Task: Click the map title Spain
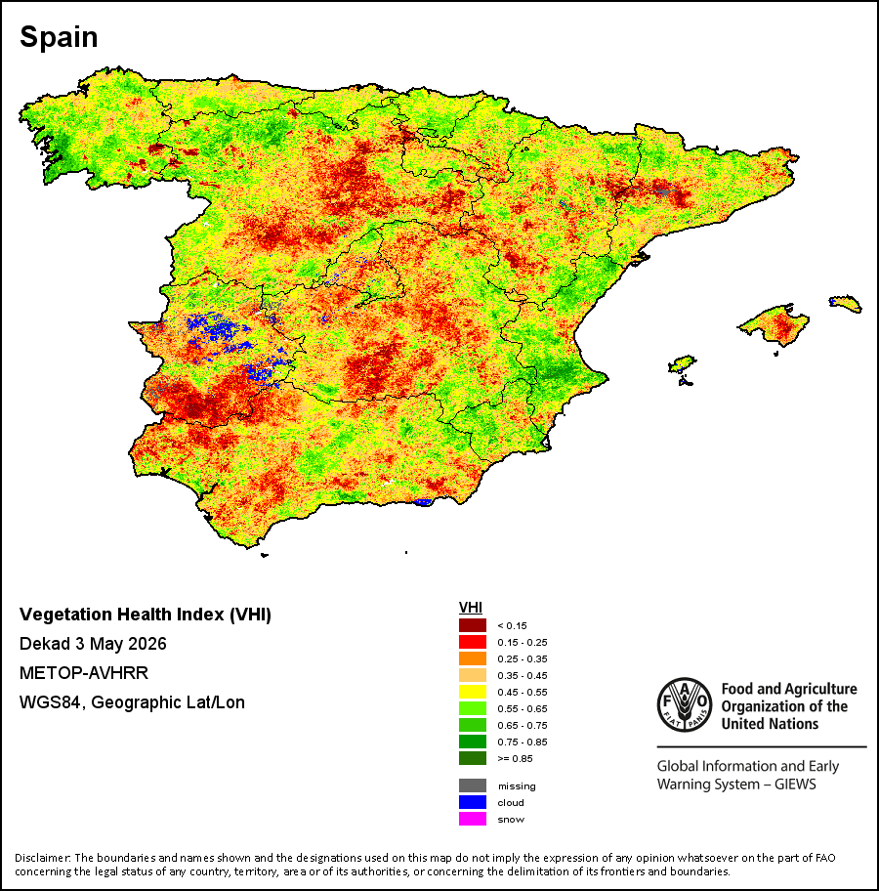[59, 37]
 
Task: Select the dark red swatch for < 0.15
[472, 625]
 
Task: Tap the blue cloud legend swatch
[472, 802]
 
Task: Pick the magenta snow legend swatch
[472, 819]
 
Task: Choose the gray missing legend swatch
[472, 785]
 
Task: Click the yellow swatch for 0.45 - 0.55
[472, 692]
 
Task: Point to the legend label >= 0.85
[515, 758]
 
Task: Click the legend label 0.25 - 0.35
[523, 659]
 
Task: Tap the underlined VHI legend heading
[471, 608]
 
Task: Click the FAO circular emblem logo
[685, 704]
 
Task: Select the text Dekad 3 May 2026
[93, 644]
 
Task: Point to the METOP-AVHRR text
[84, 673]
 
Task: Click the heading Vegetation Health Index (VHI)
[145, 615]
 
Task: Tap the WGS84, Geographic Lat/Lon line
[132, 702]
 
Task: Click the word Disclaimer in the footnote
[43, 858]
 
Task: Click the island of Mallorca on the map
[774, 324]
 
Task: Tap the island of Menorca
[846, 304]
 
